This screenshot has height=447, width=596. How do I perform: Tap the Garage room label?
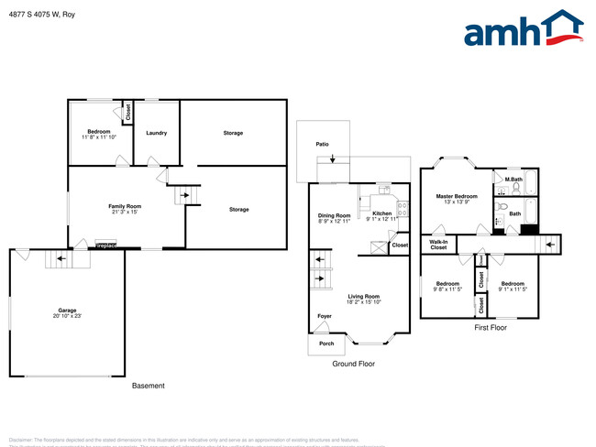(66, 311)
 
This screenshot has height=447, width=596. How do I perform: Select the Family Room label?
(125, 206)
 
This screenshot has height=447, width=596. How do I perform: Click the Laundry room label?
(156, 133)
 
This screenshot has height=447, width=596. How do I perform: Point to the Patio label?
(322, 144)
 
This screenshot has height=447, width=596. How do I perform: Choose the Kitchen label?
(381, 213)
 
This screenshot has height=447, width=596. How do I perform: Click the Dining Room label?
(334, 215)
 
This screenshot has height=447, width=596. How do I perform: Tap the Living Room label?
(363, 296)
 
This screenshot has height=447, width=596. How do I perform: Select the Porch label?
(326, 343)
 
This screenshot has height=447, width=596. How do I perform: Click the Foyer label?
(325, 316)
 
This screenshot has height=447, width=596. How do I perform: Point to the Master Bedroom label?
(456, 196)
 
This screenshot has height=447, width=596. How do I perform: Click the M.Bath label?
(513, 179)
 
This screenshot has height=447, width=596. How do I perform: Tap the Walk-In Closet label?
(438, 244)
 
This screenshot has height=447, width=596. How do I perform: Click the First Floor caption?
(491, 327)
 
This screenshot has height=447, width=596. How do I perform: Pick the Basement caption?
(148, 386)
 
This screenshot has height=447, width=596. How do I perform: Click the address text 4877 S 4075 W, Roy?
(41, 13)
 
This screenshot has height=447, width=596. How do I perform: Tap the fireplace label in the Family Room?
(106, 245)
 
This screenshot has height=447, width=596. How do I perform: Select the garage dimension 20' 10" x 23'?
(66, 316)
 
